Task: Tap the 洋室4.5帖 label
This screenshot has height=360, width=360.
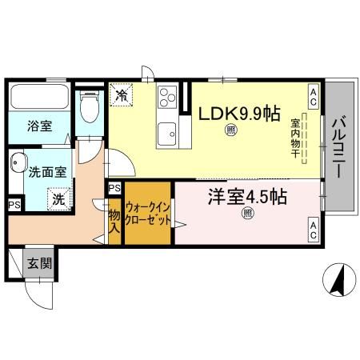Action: point(248,196)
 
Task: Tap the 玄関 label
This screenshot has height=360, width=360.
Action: point(41,262)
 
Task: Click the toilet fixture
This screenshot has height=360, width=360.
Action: point(90,106)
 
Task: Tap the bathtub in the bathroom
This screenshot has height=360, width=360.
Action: point(40,99)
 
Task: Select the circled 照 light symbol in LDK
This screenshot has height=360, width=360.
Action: point(230,130)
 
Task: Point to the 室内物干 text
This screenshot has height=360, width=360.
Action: point(295,138)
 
